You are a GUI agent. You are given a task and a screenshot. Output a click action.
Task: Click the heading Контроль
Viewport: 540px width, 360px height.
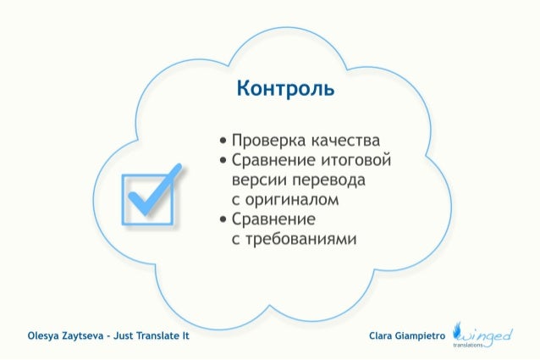click(285, 89)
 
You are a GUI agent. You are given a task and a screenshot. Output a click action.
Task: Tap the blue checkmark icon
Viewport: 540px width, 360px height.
click(152, 195)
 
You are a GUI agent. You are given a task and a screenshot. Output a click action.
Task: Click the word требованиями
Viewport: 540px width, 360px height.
click(300, 241)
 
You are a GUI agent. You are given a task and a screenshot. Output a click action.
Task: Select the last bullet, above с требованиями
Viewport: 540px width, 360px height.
click(223, 222)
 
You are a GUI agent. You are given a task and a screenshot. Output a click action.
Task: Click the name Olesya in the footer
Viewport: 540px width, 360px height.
click(46, 336)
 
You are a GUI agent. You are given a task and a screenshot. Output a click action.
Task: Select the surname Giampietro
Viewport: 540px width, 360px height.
click(423, 336)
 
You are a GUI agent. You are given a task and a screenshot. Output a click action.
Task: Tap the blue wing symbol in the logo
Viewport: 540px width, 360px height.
click(460, 330)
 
